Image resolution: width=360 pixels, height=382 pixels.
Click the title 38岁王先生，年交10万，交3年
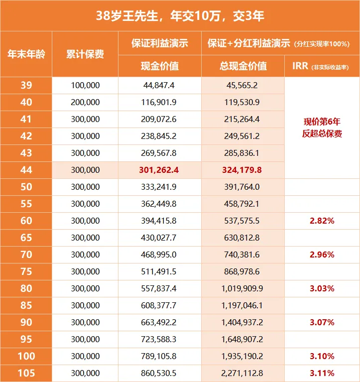coord(180,16)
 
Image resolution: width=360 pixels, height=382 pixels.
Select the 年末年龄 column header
coord(26,54)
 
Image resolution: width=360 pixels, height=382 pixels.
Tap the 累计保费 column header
coord(85,54)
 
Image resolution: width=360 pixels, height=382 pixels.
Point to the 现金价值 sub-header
coord(160,66)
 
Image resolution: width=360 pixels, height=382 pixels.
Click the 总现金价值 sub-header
coord(242,66)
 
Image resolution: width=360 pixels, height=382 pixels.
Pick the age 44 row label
coord(26,170)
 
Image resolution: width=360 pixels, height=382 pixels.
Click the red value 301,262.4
coord(159,170)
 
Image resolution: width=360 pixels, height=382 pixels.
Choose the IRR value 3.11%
coord(322,373)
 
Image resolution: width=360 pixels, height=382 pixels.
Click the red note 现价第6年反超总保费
coord(322,127)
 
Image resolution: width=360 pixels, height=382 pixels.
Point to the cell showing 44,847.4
coord(159,85)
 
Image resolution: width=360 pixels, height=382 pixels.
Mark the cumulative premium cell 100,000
coord(85,85)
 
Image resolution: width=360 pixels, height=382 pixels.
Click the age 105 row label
coord(26,373)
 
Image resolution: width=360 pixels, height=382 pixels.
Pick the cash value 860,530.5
coord(159,373)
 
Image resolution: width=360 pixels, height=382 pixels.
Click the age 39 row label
coord(26,85)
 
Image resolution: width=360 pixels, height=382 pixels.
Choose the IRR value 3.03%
coord(322,288)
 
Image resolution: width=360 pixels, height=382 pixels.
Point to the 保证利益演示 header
coord(160,43)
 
